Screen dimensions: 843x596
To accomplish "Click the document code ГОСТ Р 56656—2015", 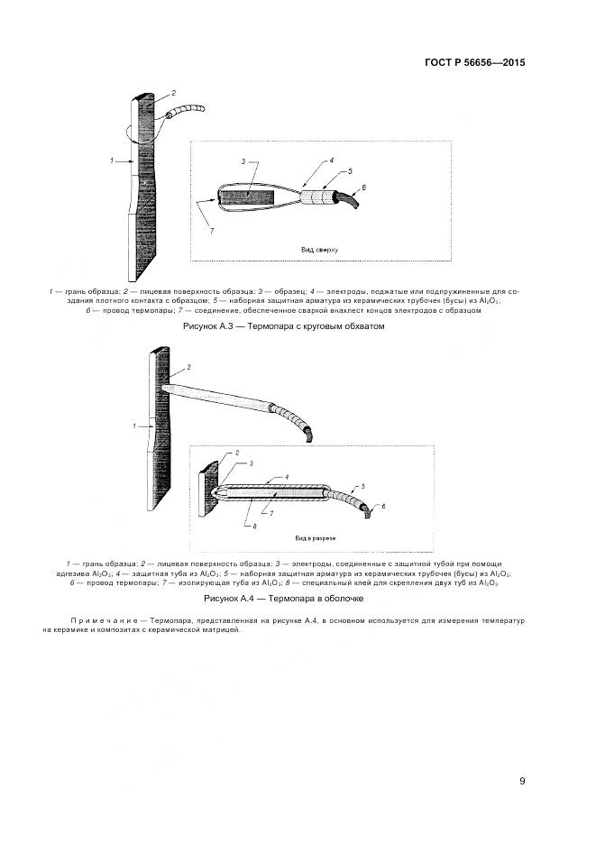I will tap(473, 63).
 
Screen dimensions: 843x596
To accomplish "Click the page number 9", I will tap(523, 781).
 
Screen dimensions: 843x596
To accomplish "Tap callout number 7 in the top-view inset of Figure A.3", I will tap(212, 232).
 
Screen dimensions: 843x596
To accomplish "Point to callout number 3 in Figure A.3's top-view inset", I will tap(243, 162).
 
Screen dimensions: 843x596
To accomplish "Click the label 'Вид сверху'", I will tap(318, 248).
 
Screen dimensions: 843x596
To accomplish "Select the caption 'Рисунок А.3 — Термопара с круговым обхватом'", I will tap(284, 326).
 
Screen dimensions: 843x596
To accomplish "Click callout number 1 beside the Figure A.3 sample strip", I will tap(112, 161).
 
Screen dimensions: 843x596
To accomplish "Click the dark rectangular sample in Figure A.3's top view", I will tap(247, 197).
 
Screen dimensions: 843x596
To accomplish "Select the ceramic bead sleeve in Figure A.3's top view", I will tap(316, 196).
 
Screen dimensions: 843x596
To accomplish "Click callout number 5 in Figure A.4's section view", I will tap(362, 486).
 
